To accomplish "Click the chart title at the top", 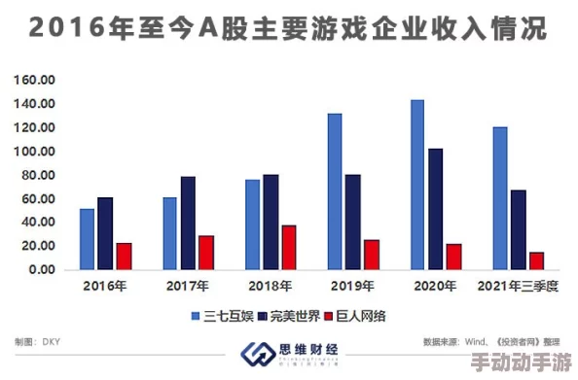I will tap(288, 29).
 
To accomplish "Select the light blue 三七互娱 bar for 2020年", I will tap(417, 185).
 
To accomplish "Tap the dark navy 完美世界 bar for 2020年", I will tap(435, 209).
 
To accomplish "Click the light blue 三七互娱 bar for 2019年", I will tap(335, 191).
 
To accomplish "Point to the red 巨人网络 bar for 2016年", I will tap(124, 257).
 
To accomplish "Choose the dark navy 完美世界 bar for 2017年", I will tap(188, 223).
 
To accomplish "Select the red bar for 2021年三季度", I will tap(536, 260).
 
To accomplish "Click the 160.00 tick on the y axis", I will tap(36, 80).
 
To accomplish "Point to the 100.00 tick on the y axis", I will tap(36, 152).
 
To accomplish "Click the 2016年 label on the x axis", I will tap(105, 287).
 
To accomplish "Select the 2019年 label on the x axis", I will tap(352, 287).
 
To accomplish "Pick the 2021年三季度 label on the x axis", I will tap(518, 287).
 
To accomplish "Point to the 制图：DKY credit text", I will tap(39, 342).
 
